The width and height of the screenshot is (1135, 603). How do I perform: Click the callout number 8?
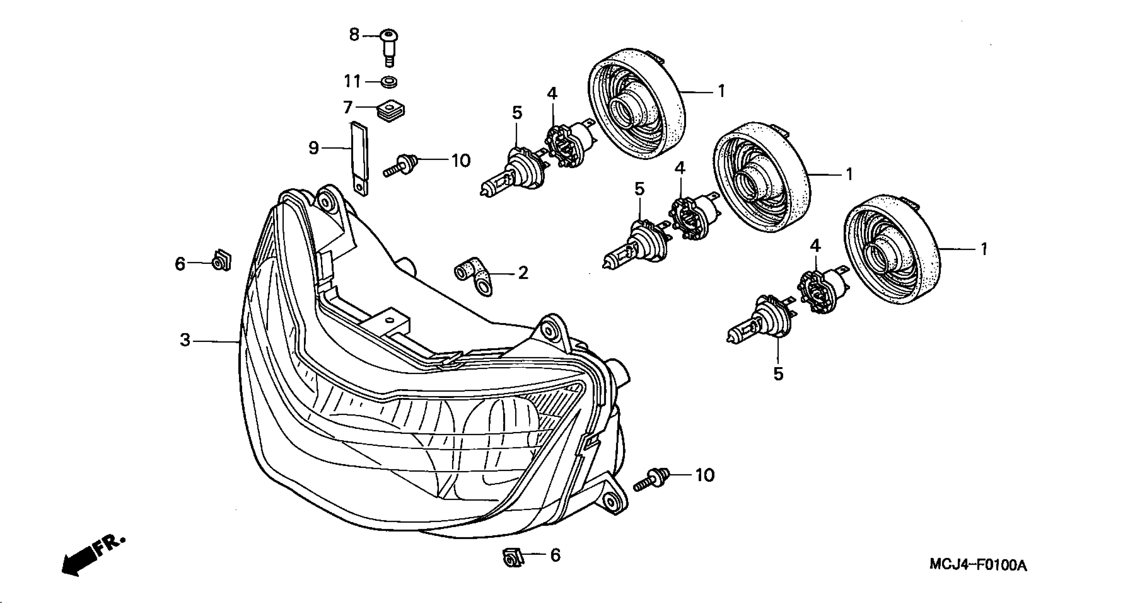tap(354, 34)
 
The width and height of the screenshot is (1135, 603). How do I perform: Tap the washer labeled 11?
tap(389, 82)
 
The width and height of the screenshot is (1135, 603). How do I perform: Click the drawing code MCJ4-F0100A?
tap(978, 565)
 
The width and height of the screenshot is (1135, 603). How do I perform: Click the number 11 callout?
tap(352, 82)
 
